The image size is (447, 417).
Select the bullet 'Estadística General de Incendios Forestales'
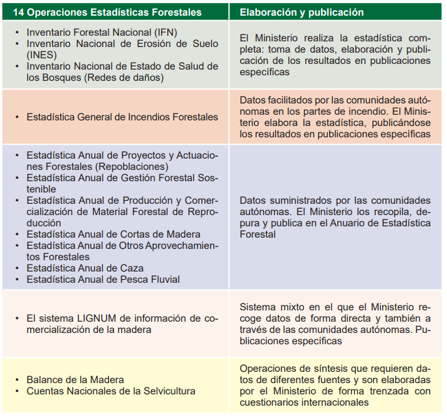tap(122, 117)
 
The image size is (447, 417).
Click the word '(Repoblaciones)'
tap(134, 166)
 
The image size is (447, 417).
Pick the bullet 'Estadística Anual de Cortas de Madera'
tap(113, 235)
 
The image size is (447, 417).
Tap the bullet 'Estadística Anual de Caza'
tap(85, 268)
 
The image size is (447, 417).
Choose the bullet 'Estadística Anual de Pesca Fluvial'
tap(103, 280)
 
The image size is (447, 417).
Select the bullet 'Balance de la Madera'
tap(75, 379)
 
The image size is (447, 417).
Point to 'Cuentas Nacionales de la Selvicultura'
tap(110, 391)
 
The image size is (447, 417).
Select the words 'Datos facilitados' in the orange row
tap(278, 100)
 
